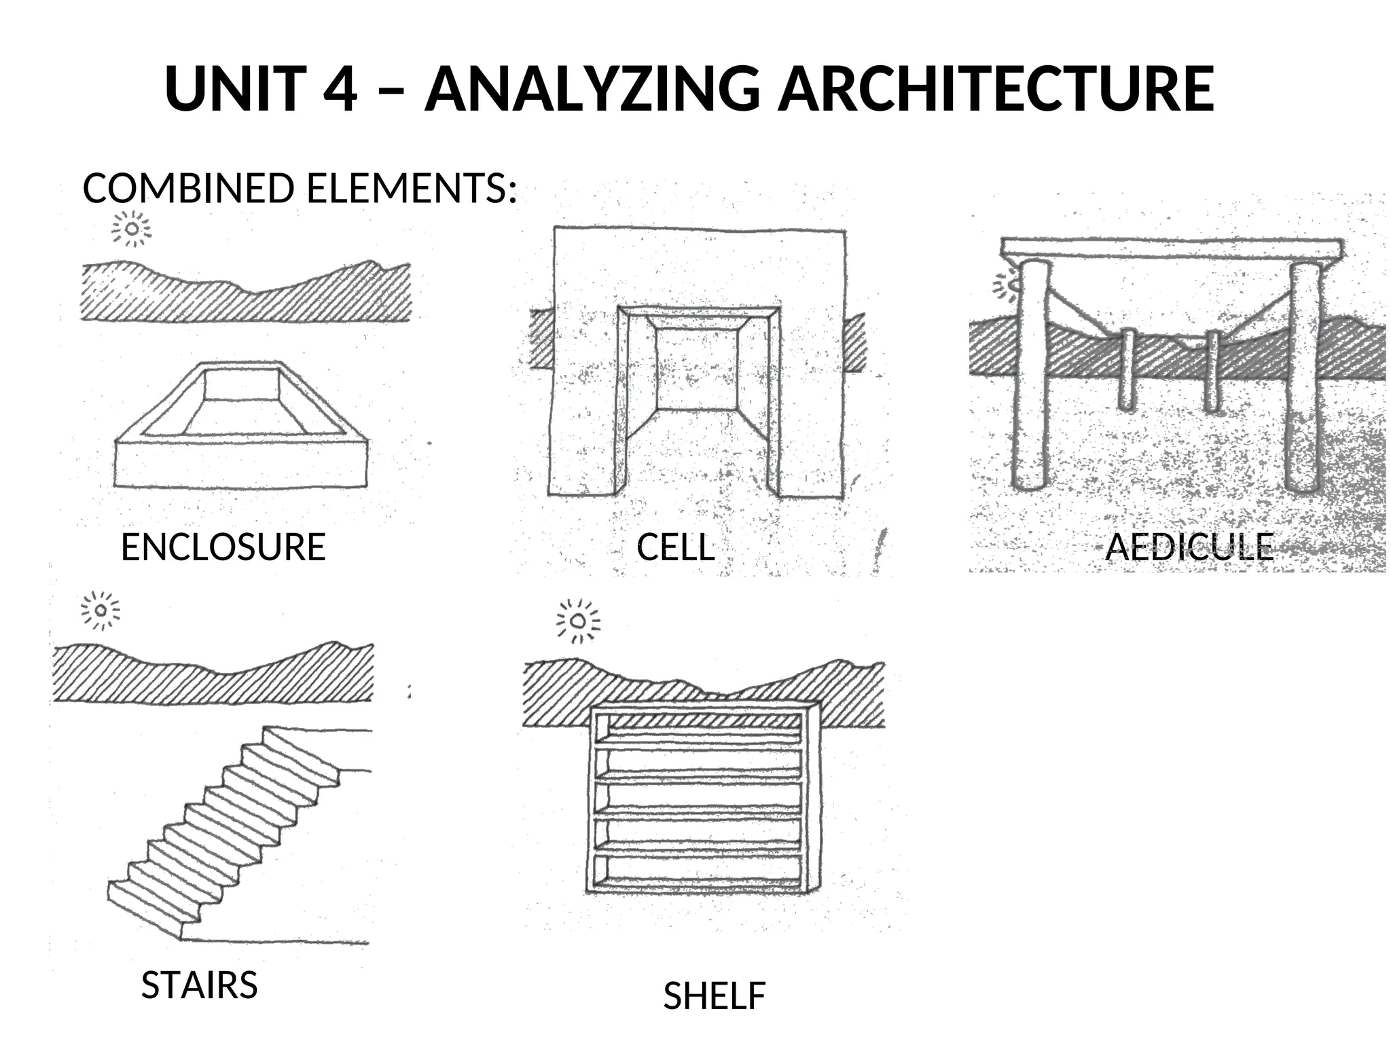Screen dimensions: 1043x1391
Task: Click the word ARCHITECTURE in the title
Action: pos(995,89)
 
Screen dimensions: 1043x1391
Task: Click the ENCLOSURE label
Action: pos(223,547)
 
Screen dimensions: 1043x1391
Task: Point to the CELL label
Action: pos(676,547)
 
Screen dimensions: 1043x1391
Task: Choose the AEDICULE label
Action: pos(1189,547)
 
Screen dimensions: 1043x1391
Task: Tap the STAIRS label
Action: pos(199,985)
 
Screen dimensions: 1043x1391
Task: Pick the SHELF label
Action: pos(714,996)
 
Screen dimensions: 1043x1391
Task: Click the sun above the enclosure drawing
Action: pos(132,229)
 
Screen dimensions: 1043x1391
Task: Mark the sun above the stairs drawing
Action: pos(101,610)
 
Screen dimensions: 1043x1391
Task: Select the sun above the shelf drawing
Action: pos(578,621)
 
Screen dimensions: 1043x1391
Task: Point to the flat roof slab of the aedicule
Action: pos(1171,248)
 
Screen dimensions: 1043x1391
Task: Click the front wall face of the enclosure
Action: pos(241,464)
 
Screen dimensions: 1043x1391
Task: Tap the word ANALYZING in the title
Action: pos(592,89)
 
